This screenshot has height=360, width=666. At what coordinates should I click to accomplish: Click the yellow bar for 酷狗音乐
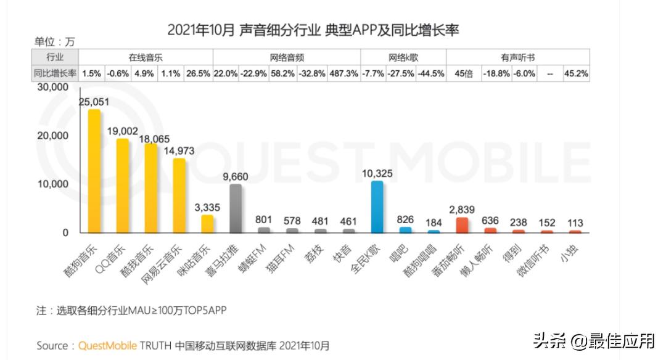[x=94, y=171]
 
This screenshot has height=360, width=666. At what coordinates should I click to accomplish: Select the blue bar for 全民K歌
[x=377, y=207]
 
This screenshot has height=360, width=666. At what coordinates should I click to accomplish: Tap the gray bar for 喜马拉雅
[x=235, y=208]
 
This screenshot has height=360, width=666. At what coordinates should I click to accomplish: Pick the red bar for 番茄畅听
[x=462, y=225]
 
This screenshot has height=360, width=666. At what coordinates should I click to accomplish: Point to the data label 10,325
[x=377, y=173]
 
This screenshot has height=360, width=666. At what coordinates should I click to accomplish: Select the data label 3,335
[x=207, y=207]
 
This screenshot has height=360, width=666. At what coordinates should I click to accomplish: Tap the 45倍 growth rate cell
[x=463, y=73]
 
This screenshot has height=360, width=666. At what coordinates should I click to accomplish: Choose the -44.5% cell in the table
[x=431, y=73]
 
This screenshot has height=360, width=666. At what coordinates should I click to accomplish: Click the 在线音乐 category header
[x=146, y=57]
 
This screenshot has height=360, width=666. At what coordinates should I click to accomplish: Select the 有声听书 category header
[x=517, y=57]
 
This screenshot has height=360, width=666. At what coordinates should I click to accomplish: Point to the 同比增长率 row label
[x=55, y=73]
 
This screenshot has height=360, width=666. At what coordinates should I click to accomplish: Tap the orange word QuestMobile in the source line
[x=107, y=346]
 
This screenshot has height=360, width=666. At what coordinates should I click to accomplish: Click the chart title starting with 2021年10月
[x=313, y=30]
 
